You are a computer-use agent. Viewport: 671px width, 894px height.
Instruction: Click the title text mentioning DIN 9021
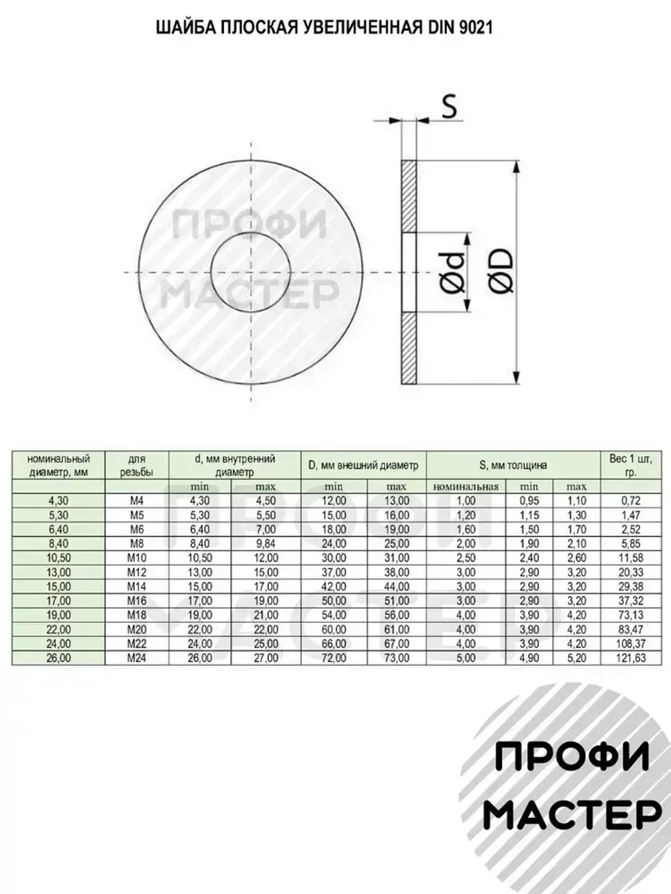point(324,27)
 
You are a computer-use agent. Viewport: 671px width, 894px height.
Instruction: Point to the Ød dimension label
point(454,273)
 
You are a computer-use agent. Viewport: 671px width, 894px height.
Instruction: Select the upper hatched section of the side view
point(409,197)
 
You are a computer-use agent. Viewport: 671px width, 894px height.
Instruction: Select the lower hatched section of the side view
point(409,348)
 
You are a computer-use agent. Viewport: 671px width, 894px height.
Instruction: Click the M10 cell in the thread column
point(136,558)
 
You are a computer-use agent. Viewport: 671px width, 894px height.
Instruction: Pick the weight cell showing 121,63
point(631,659)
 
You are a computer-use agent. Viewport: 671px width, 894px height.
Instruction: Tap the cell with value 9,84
point(266,544)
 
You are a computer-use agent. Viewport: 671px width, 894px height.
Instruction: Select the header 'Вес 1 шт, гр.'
point(631,465)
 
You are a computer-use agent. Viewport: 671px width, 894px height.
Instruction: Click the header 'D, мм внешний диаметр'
point(363,465)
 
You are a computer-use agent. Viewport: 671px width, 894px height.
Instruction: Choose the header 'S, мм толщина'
point(513,465)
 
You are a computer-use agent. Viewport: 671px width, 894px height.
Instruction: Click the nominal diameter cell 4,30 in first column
point(58,501)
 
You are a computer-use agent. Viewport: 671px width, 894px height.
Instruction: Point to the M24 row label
point(136,659)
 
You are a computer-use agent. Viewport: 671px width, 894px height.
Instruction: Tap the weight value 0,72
point(631,501)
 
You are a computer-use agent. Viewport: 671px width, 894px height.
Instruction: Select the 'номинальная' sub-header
point(466,487)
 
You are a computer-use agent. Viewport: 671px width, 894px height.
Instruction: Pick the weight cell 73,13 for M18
point(631,616)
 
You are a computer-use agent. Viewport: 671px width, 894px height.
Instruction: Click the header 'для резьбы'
point(136,465)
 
